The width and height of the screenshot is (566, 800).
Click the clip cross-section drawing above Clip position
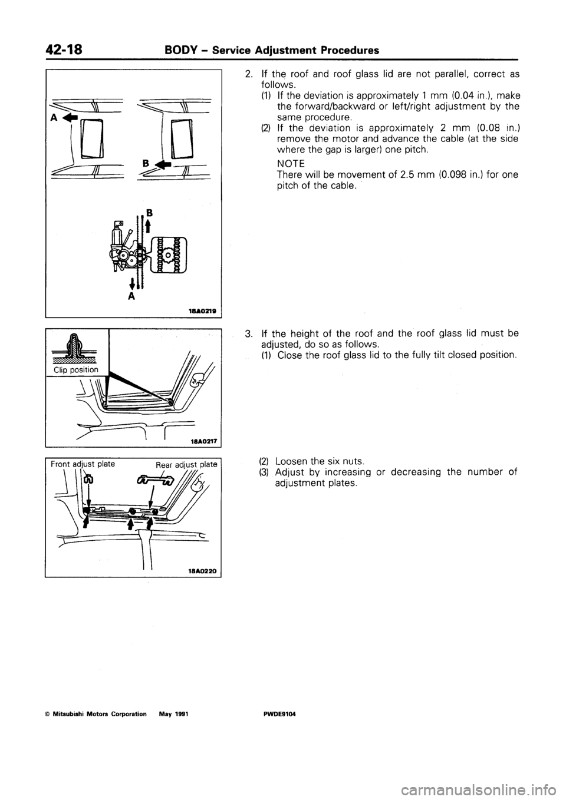tap(75, 348)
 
